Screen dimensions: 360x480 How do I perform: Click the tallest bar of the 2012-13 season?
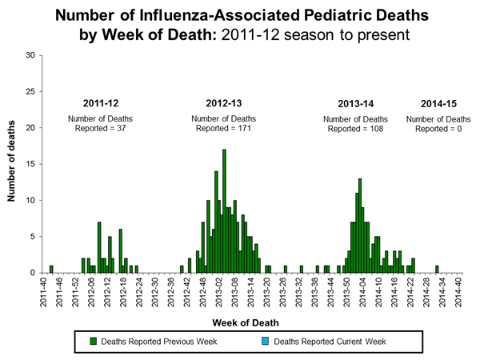coord(224,211)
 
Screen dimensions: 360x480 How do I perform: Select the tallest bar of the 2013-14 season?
coord(360,226)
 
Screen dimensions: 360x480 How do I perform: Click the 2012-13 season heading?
coord(224,103)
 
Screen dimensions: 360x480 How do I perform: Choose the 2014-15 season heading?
coord(436,103)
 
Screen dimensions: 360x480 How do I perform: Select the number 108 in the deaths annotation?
coord(376,129)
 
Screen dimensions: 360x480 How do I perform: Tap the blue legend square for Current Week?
coord(267,342)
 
